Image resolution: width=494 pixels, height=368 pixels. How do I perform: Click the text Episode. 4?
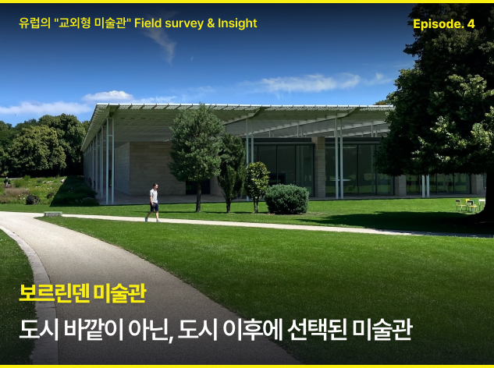point(443,24)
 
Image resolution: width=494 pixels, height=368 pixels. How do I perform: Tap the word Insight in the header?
point(237,23)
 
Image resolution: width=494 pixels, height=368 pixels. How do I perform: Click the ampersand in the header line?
point(211,23)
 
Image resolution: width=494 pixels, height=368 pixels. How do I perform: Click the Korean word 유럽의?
point(34,23)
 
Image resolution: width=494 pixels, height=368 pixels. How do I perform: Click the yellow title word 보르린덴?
point(54,293)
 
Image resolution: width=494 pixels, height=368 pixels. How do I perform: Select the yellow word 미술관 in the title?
point(119,293)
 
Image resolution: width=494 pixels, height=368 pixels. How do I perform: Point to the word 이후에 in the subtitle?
point(253,330)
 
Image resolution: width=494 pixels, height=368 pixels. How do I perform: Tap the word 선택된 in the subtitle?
point(318,330)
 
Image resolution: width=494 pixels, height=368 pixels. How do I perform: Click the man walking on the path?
point(153,203)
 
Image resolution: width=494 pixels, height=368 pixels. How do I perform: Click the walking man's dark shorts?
point(154,207)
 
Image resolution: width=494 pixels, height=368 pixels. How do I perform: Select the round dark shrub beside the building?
point(286,199)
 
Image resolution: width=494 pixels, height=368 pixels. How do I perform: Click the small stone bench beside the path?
point(53,214)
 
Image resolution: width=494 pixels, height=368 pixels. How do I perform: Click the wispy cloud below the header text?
point(162,44)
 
